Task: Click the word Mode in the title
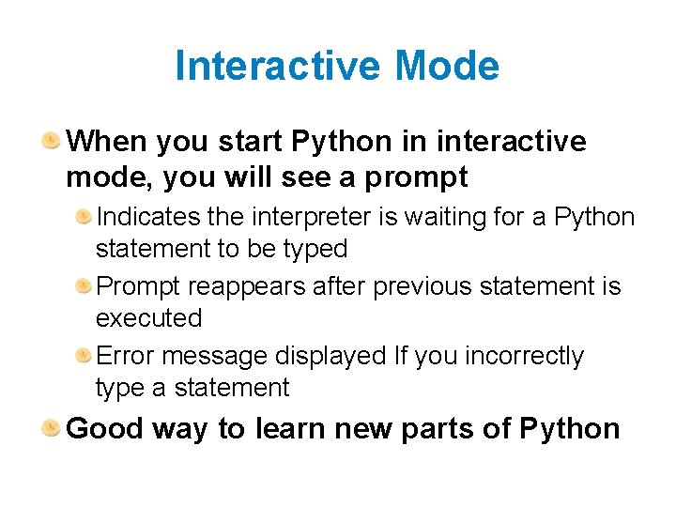[x=447, y=67]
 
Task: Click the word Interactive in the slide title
[x=278, y=67]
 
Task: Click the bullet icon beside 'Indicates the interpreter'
[x=84, y=217]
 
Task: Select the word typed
[x=317, y=249]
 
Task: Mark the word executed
[x=148, y=318]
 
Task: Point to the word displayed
[x=330, y=356]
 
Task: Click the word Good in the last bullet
[x=104, y=429]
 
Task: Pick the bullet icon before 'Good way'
[x=51, y=428]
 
